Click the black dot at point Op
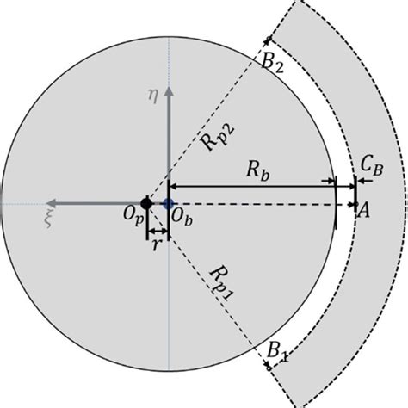[x=146, y=204]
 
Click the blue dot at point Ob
[x=169, y=204]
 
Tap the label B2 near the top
[x=274, y=63]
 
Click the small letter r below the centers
[x=157, y=244]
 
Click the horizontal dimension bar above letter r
[x=158, y=231]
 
